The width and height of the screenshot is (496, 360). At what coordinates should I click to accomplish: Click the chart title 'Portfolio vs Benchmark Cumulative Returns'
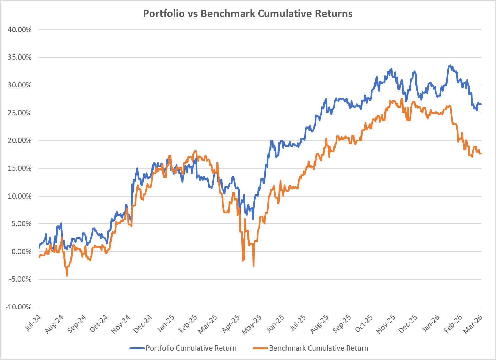248,14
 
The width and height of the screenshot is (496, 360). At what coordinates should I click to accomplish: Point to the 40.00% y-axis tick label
20,30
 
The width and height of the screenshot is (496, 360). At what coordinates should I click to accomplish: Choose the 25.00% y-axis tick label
20,113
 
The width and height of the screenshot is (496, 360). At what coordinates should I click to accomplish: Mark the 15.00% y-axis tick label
20,168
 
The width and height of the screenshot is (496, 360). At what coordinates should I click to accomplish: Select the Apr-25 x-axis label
232,324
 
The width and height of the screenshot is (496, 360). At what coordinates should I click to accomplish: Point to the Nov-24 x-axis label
121,324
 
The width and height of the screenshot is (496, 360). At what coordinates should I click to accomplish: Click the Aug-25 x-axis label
320,324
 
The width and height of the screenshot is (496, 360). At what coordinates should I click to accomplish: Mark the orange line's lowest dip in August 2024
67,276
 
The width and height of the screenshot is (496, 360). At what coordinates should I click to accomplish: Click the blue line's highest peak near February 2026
450,66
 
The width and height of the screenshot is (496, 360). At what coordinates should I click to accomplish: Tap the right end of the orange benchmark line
481,154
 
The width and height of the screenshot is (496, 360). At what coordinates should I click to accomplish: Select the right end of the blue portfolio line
481,104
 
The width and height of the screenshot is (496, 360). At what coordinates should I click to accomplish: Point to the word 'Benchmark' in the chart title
221,14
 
